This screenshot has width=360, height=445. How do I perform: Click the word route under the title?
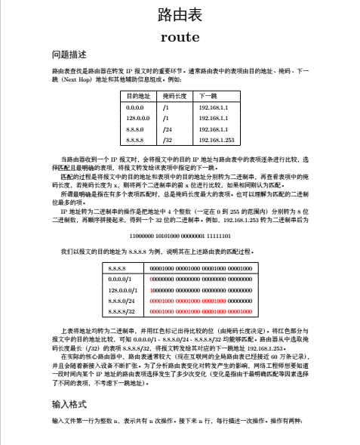180,36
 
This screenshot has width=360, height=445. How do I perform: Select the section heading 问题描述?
69,55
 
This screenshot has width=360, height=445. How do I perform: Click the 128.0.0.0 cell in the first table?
140,119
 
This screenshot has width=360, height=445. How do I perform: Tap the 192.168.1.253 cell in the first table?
217,140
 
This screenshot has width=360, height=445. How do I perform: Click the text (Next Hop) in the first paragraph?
77,79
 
